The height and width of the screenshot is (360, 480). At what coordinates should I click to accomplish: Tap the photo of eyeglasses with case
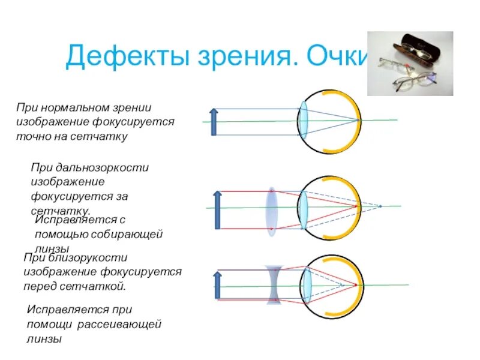coord(410,63)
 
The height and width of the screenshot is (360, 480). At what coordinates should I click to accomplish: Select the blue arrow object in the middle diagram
coord(217,209)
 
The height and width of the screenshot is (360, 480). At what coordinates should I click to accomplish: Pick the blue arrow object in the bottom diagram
coord(217,286)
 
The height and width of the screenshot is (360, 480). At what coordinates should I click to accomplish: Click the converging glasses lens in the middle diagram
coord(272,208)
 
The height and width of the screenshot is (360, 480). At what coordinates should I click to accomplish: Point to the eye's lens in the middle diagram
coord(304,208)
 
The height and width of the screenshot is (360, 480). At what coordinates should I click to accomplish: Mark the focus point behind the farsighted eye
coord(380,206)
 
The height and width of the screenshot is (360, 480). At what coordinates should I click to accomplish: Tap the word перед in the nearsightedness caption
coord(40,286)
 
